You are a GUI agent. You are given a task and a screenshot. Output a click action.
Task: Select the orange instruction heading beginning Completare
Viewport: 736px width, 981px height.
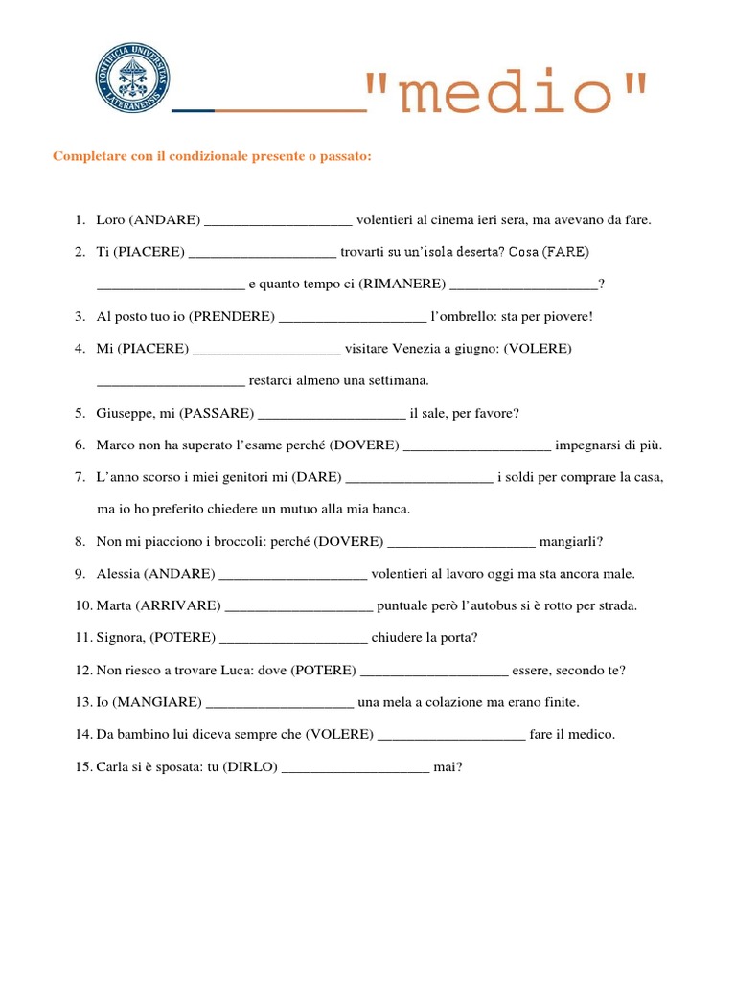(x=212, y=156)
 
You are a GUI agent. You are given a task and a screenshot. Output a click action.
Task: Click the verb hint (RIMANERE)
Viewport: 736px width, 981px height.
(x=402, y=284)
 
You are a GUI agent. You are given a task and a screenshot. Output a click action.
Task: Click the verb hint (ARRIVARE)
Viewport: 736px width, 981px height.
(x=179, y=605)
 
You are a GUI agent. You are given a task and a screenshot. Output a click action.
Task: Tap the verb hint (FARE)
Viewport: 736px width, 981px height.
(x=565, y=252)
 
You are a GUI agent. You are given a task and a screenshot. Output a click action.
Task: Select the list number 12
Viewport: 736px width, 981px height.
(x=82, y=670)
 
